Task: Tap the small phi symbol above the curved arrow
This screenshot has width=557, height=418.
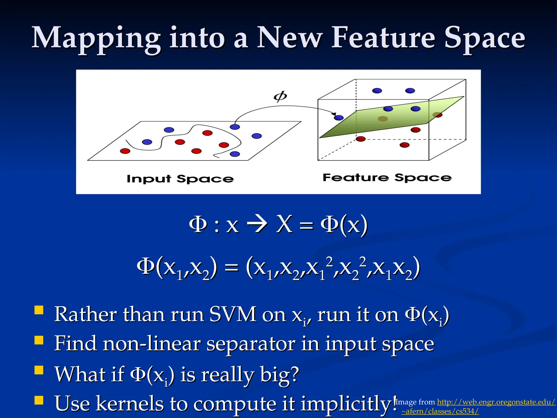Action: click(x=280, y=96)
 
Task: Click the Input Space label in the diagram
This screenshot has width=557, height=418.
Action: click(x=180, y=179)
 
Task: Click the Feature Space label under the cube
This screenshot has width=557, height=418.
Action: click(x=387, y=177)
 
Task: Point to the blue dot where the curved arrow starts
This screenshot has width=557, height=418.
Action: click(x=235, y=127)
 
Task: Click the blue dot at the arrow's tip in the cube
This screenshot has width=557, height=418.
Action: click(x=339, y=118)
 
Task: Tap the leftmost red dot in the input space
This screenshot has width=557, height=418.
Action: click(x=125, y=151)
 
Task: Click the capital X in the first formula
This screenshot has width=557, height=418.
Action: click(x=284, y=224)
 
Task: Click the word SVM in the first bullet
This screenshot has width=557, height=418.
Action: click(x=233, y=315)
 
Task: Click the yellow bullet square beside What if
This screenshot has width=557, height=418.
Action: click(x=39, y=370)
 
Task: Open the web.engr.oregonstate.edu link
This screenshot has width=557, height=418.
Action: click(x=496, y=402)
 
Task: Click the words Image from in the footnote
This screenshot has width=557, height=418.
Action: click(x=415, y=402)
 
